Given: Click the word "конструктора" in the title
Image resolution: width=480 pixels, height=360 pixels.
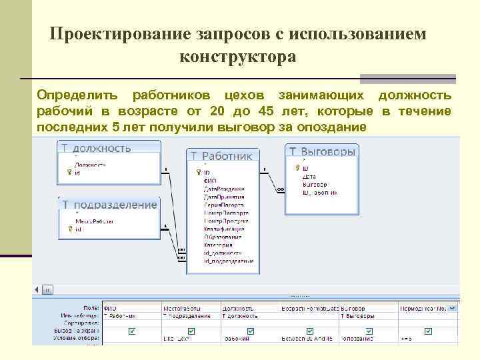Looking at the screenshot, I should tap(237, 58).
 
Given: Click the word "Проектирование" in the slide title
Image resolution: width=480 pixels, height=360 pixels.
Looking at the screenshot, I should tap(119, 34).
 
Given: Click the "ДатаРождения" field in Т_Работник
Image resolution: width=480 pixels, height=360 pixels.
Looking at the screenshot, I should tap(224, 189).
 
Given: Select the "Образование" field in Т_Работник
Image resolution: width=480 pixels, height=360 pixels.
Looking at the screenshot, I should tap(223, 237).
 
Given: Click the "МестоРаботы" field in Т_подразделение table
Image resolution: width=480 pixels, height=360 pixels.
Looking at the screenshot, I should tap(94, 221).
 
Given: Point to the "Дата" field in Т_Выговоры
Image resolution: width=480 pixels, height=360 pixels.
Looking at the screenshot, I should tap(309, 177).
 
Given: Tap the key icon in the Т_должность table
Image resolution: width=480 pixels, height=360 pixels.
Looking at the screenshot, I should tap(69, 172).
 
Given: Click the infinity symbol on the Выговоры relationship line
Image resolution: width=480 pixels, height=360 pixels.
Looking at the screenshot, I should tap(280, 189).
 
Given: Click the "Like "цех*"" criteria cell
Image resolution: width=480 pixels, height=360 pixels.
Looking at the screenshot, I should tap(177, 339).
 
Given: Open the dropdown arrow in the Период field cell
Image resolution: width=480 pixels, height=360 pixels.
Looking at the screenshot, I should tap(453, 308).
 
